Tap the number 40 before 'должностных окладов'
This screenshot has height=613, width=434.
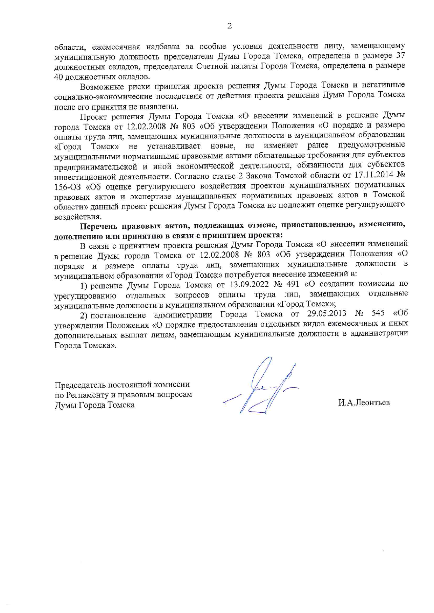59,77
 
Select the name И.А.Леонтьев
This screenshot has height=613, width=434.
364,403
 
